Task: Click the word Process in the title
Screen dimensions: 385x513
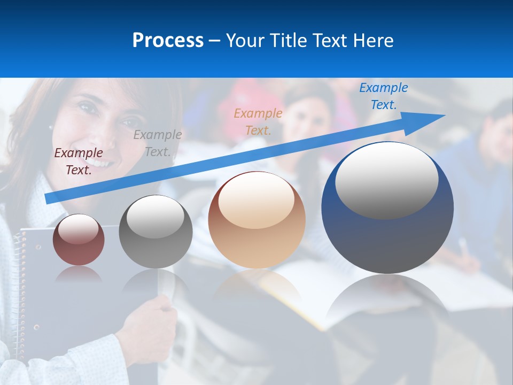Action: click(x=168, y=41)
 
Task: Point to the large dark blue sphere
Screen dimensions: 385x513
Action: click(x=387, y=235)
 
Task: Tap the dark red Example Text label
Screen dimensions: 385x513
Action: click(x=79, y=161)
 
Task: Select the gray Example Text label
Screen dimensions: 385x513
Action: click(x=157, y=143)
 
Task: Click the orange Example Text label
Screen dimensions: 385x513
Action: click(x=258, y=121)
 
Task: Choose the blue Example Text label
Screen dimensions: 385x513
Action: click(x=384, y=96)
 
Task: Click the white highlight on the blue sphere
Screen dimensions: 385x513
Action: click(x=386, y=180)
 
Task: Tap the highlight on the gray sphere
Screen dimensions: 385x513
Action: click(x=156, y=217)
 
